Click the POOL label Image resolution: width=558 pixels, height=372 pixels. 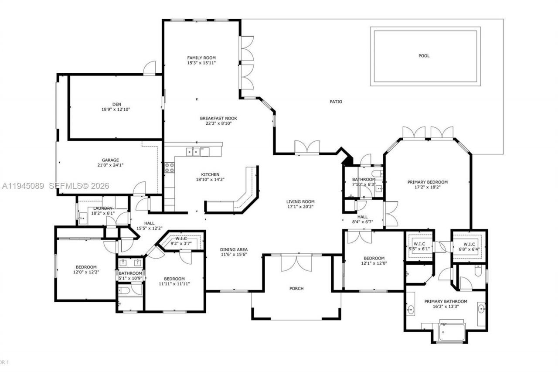[x=424, y=56]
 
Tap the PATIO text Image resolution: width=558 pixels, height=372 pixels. [x=336, y=102]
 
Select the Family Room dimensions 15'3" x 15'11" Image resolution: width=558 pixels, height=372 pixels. [x=201, y=63]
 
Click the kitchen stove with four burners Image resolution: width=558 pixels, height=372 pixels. [x=169, y=168]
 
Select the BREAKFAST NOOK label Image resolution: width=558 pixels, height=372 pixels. [x=218, y=118]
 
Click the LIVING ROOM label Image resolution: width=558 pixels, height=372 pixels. [x=300, y=201]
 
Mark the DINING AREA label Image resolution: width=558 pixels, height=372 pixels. [x=234, y=249]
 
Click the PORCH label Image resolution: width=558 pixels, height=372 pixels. [x=296, y=288]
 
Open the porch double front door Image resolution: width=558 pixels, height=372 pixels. [x=296, y=263]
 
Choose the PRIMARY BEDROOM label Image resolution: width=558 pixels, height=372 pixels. [x=427, y=182]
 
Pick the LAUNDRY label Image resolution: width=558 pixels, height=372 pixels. [x=103, y=208]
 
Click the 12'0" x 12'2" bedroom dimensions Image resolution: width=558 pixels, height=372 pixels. [x=86, y=272]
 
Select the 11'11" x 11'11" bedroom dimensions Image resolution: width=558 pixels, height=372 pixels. [x=174, y=284]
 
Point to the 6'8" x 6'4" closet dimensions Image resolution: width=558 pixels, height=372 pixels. [x=469, y=249]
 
